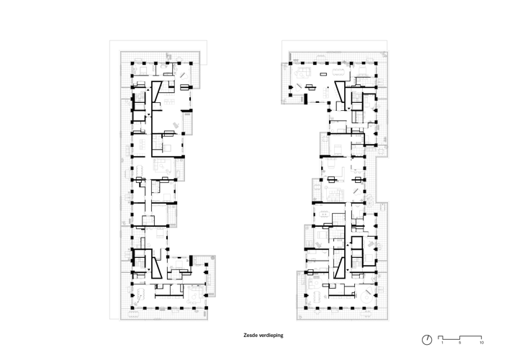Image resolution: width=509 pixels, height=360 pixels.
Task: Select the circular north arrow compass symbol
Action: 427,340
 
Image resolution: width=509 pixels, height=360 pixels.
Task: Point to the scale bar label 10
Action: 482,343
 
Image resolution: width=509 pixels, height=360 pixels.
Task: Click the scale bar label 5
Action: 459,343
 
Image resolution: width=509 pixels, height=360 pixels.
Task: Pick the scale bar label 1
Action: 442,343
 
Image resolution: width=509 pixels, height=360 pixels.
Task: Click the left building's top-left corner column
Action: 132,63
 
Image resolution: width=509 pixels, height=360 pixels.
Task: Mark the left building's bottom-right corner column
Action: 206,307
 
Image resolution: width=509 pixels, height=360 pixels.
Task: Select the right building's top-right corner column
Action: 376,63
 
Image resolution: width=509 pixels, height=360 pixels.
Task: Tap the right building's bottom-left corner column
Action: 305,307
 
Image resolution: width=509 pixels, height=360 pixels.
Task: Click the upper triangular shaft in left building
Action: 156,91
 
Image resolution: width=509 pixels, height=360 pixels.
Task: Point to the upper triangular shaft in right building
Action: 341,91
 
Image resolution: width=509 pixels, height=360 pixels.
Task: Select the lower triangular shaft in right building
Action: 340,269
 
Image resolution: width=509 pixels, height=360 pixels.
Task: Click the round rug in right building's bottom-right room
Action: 366,297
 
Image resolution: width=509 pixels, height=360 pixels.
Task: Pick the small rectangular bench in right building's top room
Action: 323,74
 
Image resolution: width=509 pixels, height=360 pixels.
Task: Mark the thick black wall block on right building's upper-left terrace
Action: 305,99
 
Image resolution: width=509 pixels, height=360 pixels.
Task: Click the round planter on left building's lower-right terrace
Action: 213,258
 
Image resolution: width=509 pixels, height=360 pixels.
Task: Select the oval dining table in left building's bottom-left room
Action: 141,294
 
